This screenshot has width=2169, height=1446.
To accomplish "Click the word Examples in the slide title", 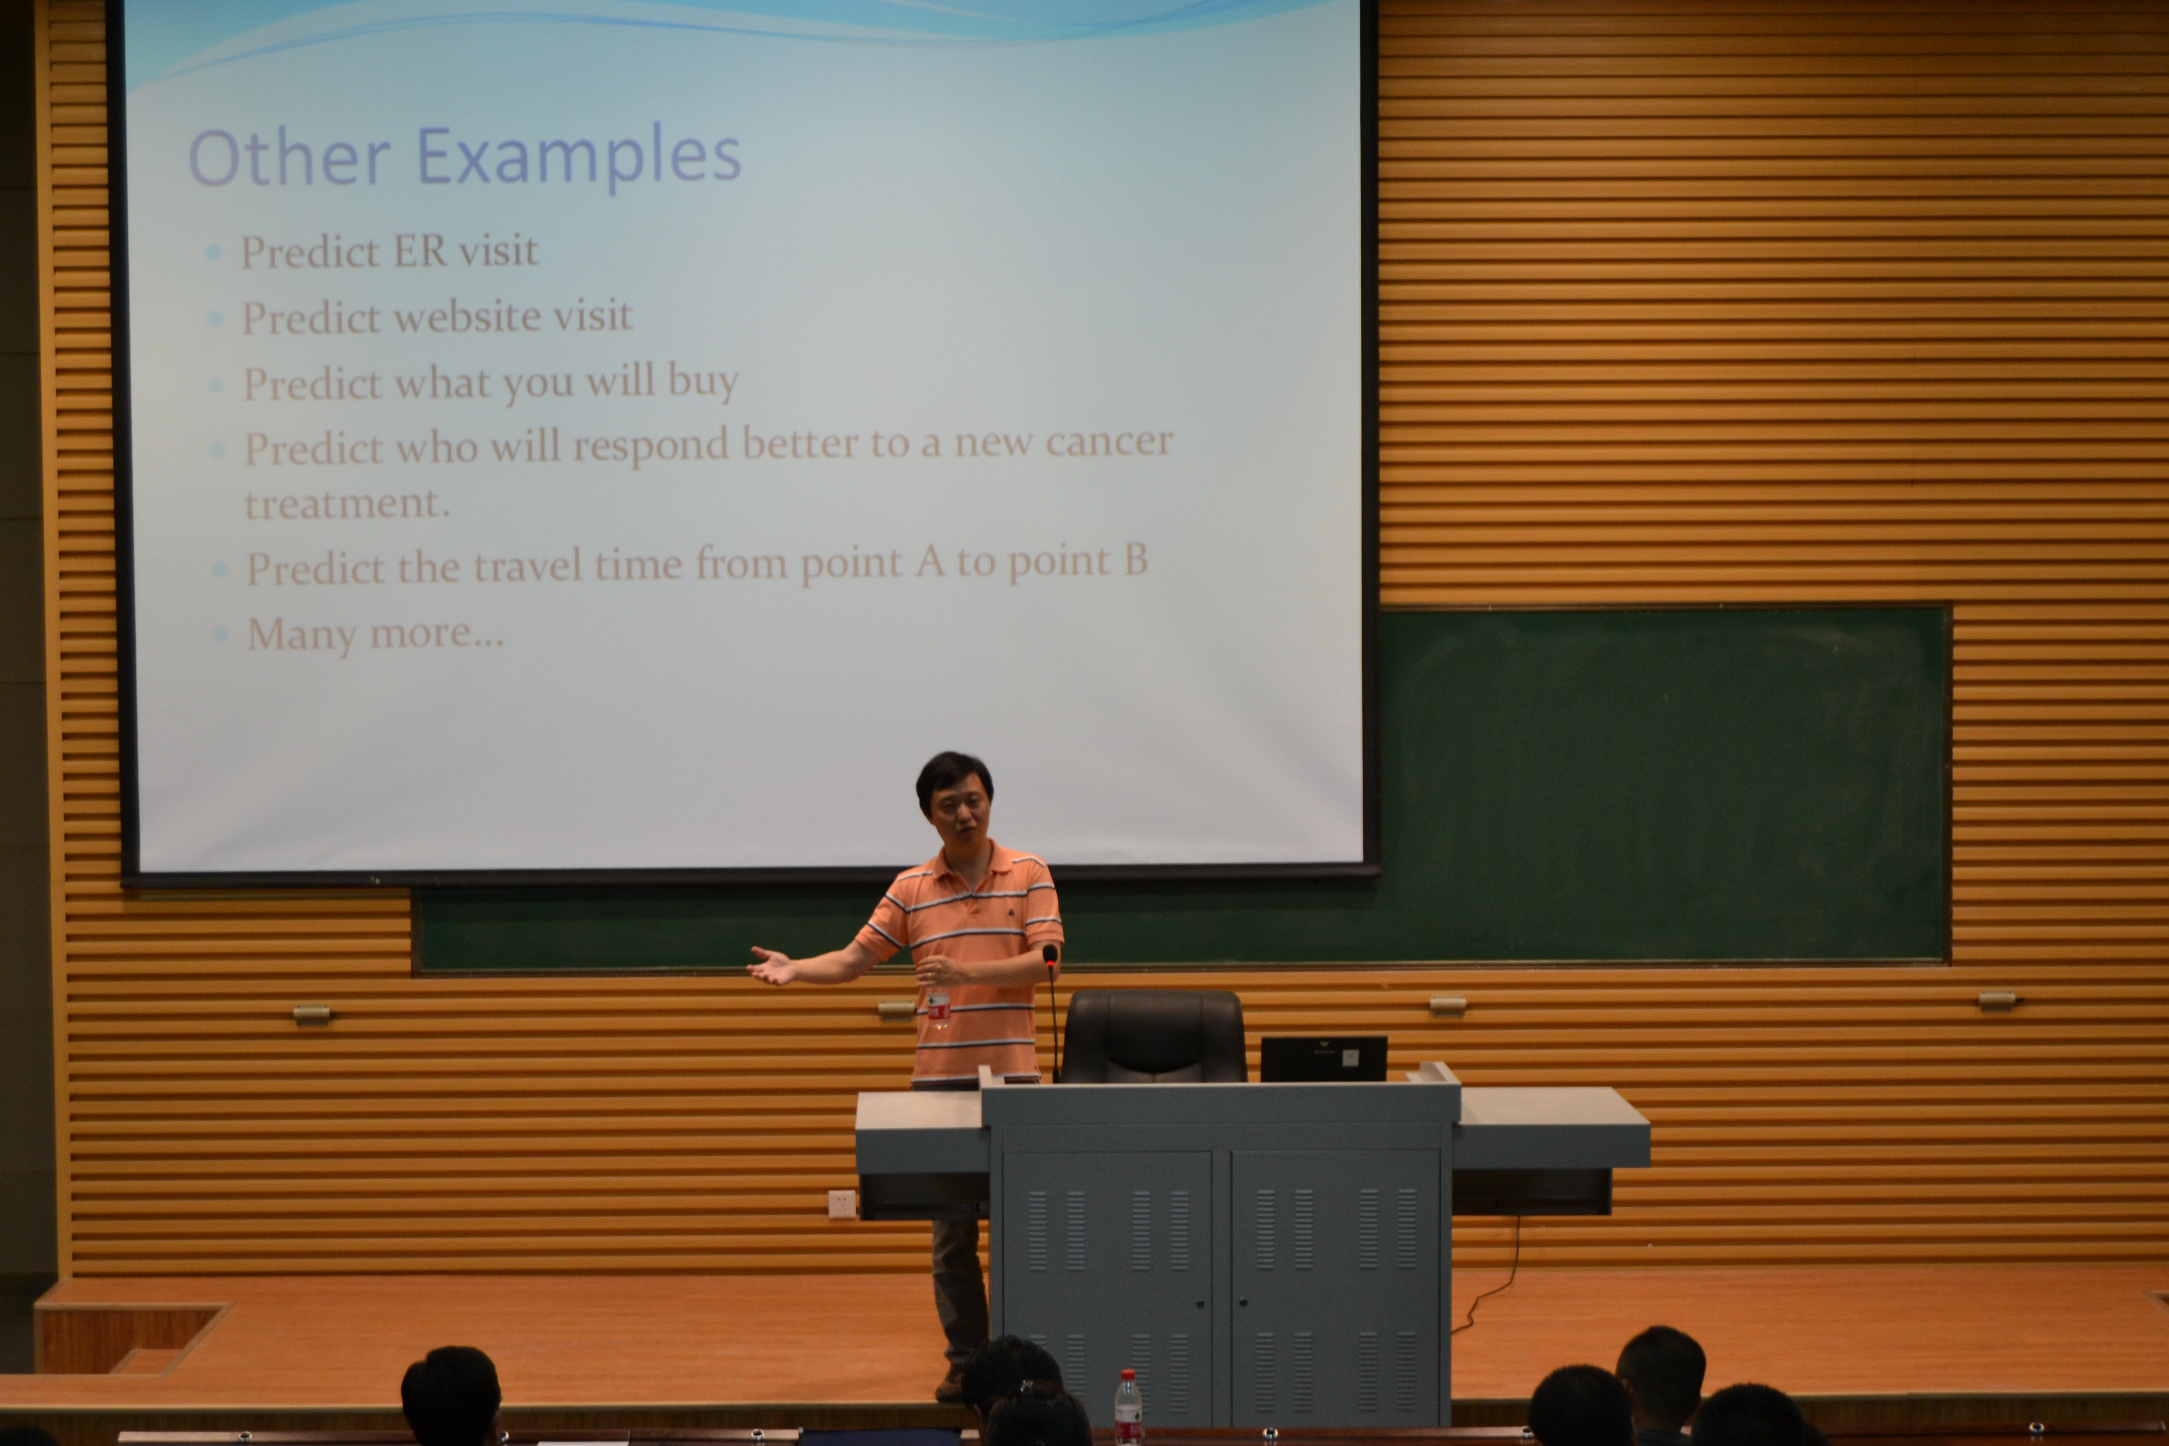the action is [579, 157].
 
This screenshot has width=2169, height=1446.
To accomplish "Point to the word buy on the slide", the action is [703, 380].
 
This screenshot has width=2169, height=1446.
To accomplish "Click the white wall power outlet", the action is [841, 1204].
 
